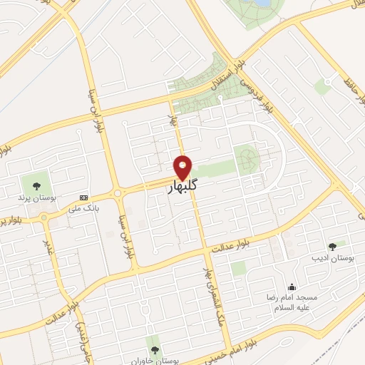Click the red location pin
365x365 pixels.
[x=183, y=167]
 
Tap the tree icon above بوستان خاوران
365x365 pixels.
[x=155, y=349]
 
